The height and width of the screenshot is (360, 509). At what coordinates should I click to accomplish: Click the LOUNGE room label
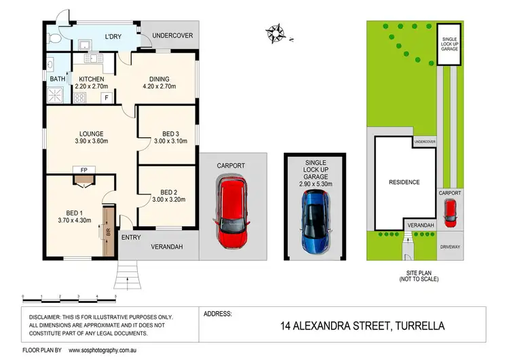90,134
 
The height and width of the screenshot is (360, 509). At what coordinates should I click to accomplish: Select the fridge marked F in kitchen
106,98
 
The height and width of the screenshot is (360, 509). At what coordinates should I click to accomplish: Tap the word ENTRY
131,237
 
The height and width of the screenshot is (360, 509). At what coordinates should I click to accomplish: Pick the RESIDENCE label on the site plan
404,182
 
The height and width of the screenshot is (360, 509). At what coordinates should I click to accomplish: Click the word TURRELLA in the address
419,326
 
